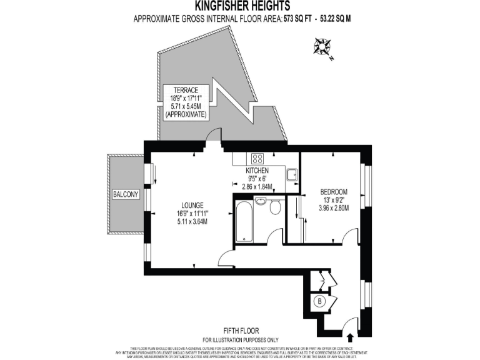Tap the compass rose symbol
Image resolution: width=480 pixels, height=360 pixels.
(324, 46)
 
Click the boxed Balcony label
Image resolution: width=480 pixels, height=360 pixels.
(125, 195)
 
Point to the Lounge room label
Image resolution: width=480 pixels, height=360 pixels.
(192, 204)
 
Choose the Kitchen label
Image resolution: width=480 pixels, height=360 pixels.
(257, 171)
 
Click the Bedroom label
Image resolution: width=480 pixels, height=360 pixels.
(334, 191)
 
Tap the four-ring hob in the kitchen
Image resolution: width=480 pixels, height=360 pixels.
(257, 159)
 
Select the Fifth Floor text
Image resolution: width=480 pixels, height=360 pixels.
(241, 331)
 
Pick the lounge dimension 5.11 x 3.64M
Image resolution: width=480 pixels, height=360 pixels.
(192, 221)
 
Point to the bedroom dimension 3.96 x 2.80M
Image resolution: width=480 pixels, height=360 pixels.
(334, 208)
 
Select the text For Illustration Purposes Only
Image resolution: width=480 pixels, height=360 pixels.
(241, 339)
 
